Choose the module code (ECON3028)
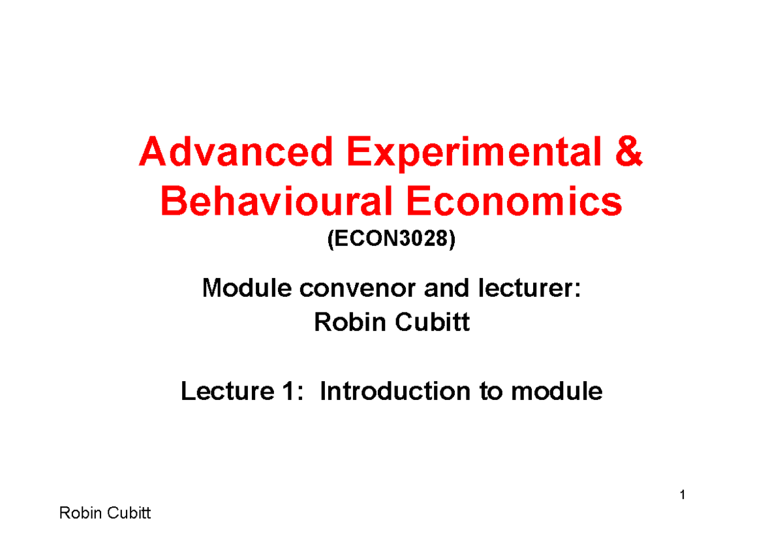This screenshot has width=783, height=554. point(391,240)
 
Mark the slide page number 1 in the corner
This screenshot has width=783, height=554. point(682,496)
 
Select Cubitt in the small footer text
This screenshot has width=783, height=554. point(127,514)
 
